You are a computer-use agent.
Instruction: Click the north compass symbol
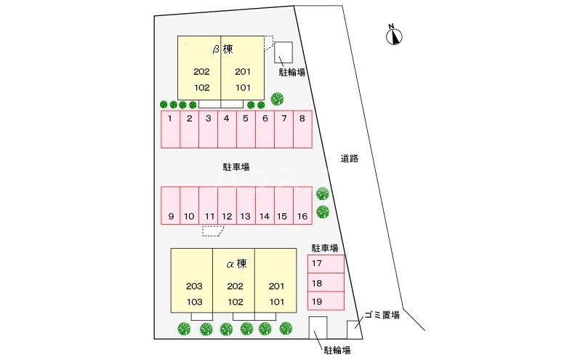[x=394, y=36]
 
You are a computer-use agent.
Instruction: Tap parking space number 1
[x=171, y=129]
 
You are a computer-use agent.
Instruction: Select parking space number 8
[x=303, y=129]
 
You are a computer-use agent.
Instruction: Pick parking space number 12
[x=228, y=206]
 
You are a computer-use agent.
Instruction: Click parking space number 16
[x=303, y=206]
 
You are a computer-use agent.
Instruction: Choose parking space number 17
[x=326, y=264]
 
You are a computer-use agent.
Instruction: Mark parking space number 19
[x=326, y=301]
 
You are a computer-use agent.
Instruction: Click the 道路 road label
[x=350, y=159]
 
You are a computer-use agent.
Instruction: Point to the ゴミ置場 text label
[x=382, y=315]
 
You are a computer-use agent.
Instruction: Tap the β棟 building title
[x=223, y=49]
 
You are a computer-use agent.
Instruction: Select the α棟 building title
[x=236, y=263]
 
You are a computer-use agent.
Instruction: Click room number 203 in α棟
[x=194, y=287]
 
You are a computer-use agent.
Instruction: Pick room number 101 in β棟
[x=243, y=88]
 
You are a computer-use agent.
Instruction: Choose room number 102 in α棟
[x=235, y=302]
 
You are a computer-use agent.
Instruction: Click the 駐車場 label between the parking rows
[x=236, y=167]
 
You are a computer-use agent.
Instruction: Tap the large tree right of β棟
[x=277, y=99]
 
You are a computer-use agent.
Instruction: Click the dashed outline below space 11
[x=213, y=231]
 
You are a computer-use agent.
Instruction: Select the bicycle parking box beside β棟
[x=284, y=52]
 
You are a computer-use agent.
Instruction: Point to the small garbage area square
[x=353, y=329]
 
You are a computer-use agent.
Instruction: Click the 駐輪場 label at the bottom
[x=337, y=351]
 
